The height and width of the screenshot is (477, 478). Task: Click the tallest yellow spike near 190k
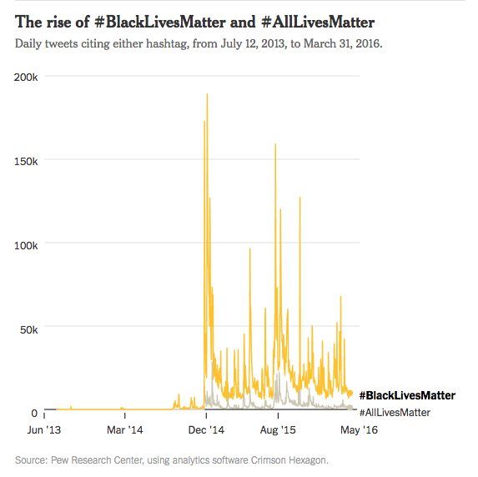(x=207, y=95)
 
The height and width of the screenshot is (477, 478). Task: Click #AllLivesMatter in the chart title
(x=286, y=20)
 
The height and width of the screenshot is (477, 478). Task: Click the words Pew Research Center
(x=93, y=459)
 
